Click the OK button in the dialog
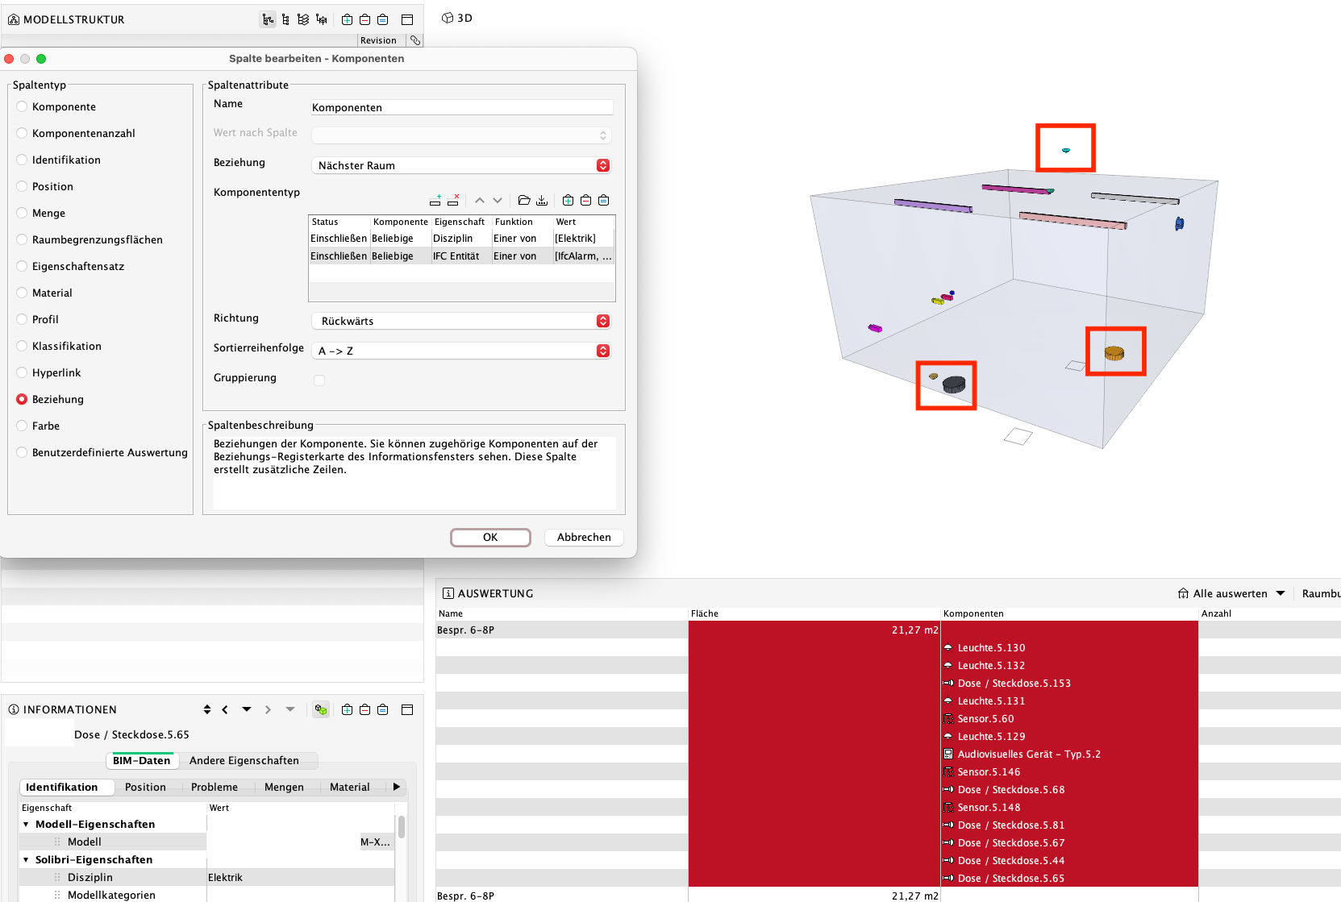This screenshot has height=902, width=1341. (x=490, y=537)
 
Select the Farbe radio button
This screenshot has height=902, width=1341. (x=22, y=426)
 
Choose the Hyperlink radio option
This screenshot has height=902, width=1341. (x=22, y=372)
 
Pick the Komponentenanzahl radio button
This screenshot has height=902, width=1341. (x=22, y=133)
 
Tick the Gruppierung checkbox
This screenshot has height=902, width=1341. (x=319, y=380)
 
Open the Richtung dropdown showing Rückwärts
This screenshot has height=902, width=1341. (x=461, y=321)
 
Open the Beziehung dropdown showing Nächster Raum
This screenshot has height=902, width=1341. (x=461, y=165)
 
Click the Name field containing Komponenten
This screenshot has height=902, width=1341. (x=461, y=107)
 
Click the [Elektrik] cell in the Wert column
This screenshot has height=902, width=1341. (x=575, y=239)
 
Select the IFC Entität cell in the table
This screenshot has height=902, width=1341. (x=456, y=256)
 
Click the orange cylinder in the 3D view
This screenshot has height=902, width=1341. (x=1114, y=353)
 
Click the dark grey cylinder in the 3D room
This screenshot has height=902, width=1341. (x=954, y=384)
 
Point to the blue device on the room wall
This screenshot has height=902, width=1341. (x=1180, y=224)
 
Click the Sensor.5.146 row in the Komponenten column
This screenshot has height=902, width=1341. (x=989, y=771)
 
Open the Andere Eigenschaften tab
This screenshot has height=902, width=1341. (x=244, y=760)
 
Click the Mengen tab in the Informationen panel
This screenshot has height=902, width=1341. (x=284, y=787)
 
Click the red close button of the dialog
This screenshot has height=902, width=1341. (x=9, y=59)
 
